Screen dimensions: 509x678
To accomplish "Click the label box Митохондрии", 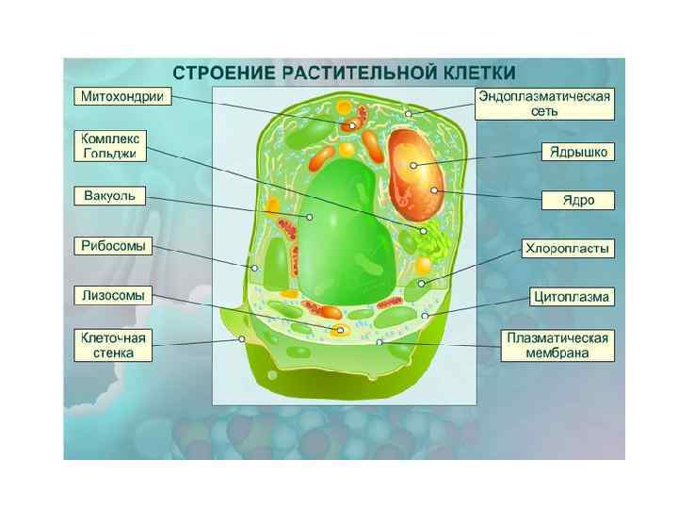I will coord(122,97).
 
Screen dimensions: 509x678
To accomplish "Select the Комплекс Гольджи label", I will coord(112,146).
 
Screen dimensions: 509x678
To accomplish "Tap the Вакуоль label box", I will coord(110,196).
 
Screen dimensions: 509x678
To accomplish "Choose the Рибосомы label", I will coord(113,246).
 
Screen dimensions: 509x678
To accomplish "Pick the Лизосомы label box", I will coord(113,295).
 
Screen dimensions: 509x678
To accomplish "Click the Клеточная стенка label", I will coord(113,345).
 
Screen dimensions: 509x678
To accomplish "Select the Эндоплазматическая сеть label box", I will coord(545,104).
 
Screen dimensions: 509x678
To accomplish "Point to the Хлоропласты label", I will coord(568,249).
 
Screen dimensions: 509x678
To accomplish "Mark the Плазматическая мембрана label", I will coord(558,345).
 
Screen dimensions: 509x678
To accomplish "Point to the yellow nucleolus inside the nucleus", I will coord(412,166).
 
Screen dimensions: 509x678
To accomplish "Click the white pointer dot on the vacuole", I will coord(309,217).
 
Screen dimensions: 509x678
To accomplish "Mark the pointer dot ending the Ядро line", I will coord(434,190).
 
